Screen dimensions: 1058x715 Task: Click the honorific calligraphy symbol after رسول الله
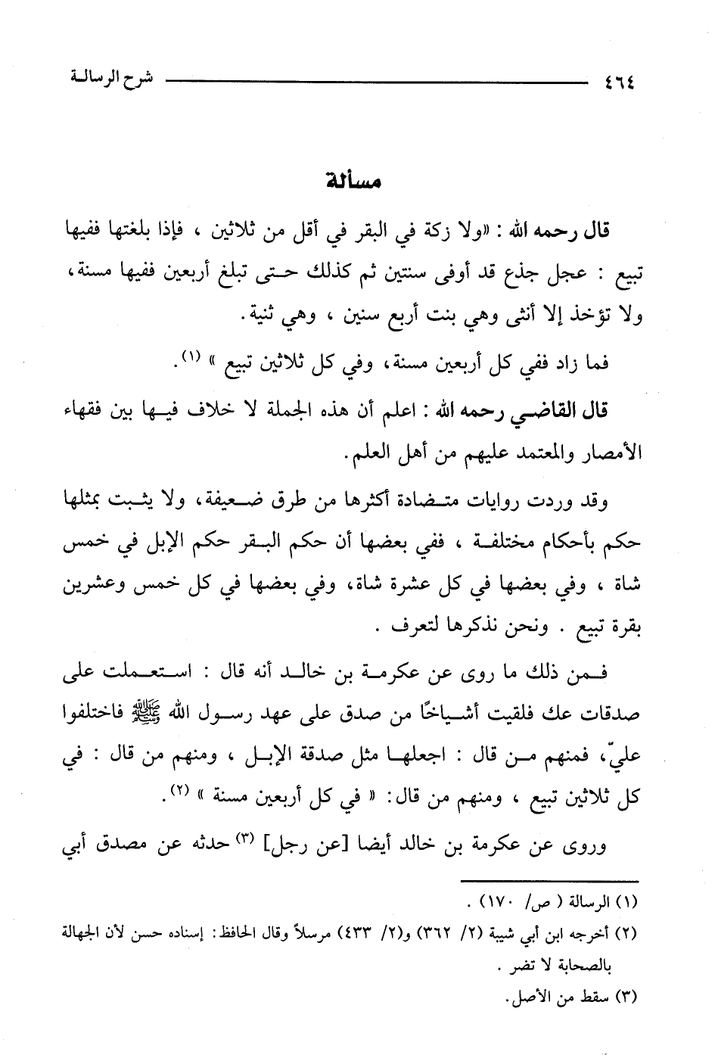pyautogui.click(x=173, y=714)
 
